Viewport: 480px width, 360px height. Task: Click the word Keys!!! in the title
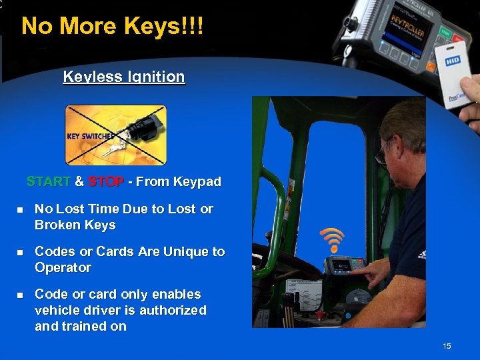[167, 26]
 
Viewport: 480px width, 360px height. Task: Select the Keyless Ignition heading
[124, 77]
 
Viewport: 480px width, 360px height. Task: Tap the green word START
[48, 181]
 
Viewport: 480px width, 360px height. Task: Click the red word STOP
[105, 181]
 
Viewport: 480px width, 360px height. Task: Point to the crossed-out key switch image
[115, 135]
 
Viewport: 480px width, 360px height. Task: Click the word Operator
[63, 267]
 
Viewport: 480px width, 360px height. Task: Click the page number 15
[447, 345]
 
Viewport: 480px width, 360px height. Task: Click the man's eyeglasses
[383, 153]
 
